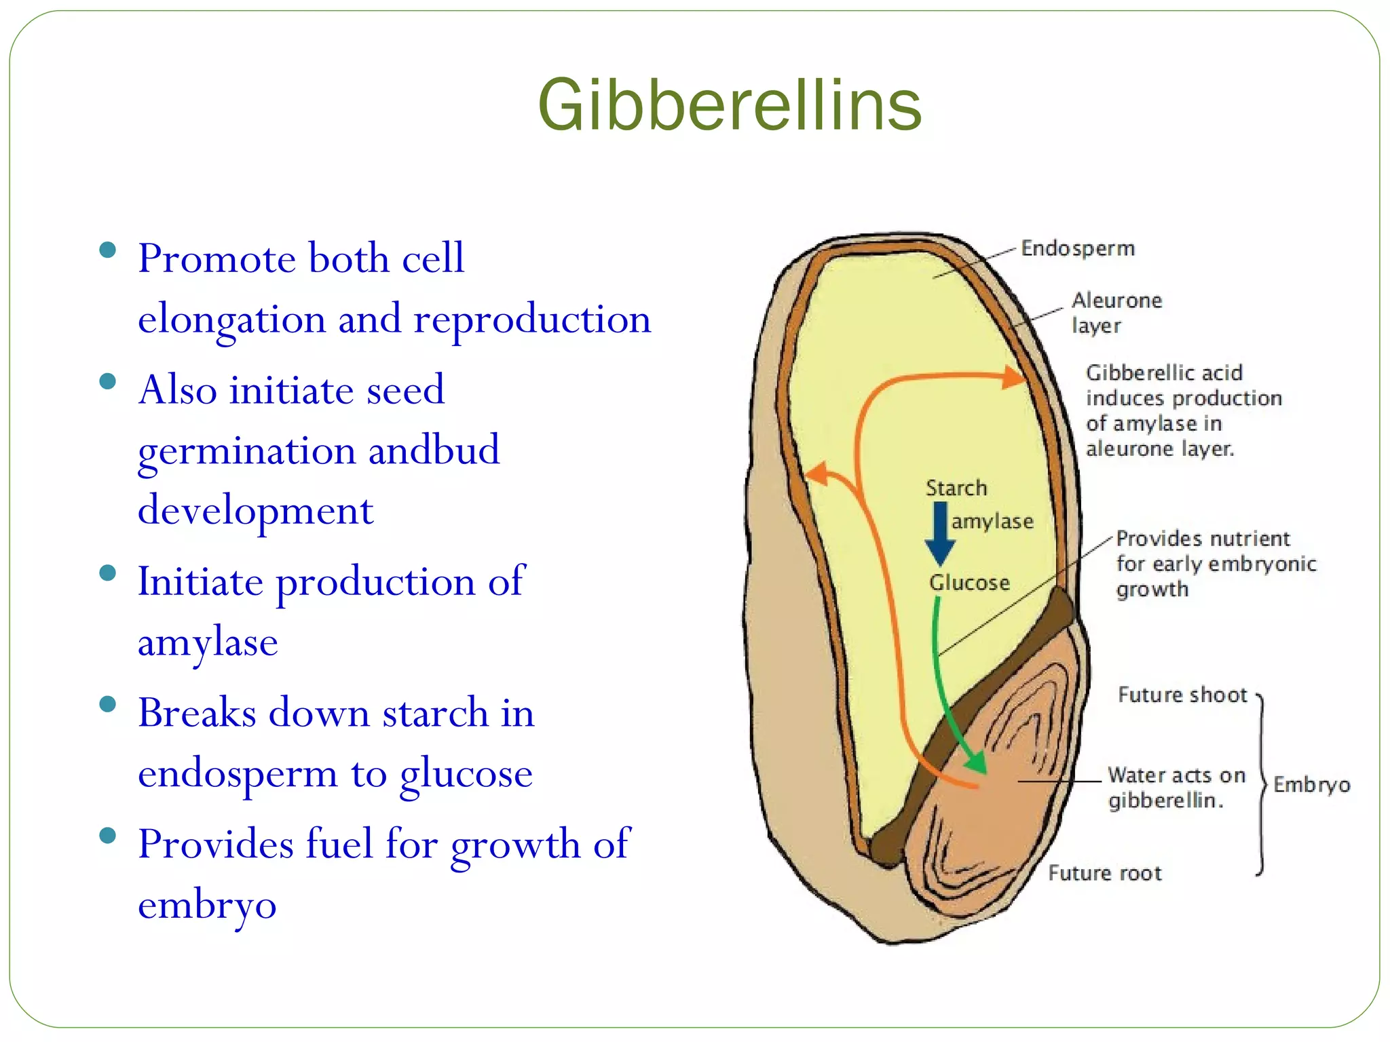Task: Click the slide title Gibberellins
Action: [729, 105]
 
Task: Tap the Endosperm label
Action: [1077, 248]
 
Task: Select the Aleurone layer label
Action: [1116, 313]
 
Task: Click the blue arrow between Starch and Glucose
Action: [940, 533]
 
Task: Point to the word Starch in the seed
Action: [956, 488]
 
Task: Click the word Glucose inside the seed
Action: [969, 582]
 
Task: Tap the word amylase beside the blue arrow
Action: [992, 521]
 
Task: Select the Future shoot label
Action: [1182, 695]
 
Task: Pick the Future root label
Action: [1104, 872]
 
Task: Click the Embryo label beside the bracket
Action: [1311, 785]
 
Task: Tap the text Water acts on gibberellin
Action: [1176, 788]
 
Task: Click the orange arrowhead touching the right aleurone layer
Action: [1015, 377]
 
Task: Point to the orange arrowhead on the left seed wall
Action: [818, 473]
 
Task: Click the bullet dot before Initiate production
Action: [107, 573]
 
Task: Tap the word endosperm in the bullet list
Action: [238, 773]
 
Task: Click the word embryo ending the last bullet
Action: [207, 904]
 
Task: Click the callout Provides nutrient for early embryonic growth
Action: [1215, 564]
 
